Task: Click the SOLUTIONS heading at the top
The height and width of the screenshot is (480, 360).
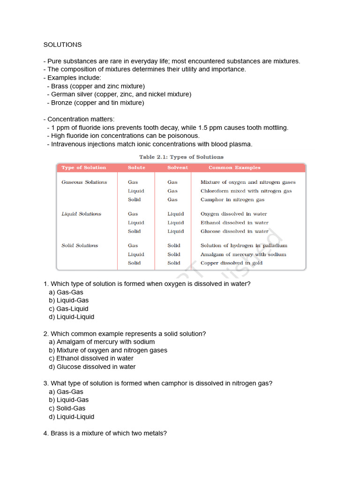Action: (x=62, y=45)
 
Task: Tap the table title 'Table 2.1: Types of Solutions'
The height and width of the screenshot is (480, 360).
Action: (x=181, y=157)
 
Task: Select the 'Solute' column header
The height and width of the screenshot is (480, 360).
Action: (x=136, y=168)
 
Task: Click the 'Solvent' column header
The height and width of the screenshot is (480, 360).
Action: (x=177, y=168)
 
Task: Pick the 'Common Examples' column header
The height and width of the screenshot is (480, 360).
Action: (x=234, y=168)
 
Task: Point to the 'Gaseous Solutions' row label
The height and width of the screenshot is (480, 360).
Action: (x=84, y=182)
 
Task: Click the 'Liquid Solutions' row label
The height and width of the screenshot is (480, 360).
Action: (x=82, y=214)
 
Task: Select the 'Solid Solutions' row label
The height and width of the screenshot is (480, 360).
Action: (x=80, y=246)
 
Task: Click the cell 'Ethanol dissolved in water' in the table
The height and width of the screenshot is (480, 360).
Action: (x=234, y=223)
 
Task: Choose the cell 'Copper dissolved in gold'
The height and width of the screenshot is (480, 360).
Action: (x=232, y=263)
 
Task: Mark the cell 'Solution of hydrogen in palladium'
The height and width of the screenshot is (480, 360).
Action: (x=244, y=246)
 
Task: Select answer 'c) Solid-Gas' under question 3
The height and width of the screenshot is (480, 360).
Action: (x=67, y=408)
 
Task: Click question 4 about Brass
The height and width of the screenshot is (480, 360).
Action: (x=105, y=434)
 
